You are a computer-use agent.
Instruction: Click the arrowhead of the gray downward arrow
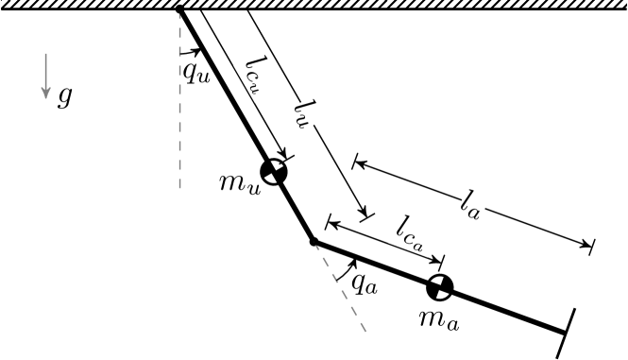(45, 94)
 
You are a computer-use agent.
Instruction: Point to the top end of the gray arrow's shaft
(45, 54)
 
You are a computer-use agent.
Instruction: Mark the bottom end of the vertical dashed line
(179, 189)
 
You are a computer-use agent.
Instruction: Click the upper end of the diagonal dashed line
(316, 246)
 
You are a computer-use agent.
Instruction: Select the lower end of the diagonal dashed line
(365, 331)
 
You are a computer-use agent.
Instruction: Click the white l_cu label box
(260, 75)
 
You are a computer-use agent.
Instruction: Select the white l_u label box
(307, 114)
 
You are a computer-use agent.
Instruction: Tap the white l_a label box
(473, 204)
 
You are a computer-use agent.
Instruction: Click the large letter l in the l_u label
(301, 108)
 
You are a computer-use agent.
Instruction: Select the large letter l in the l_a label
(467, 199)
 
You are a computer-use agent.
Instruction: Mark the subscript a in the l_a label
(477, 212)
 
